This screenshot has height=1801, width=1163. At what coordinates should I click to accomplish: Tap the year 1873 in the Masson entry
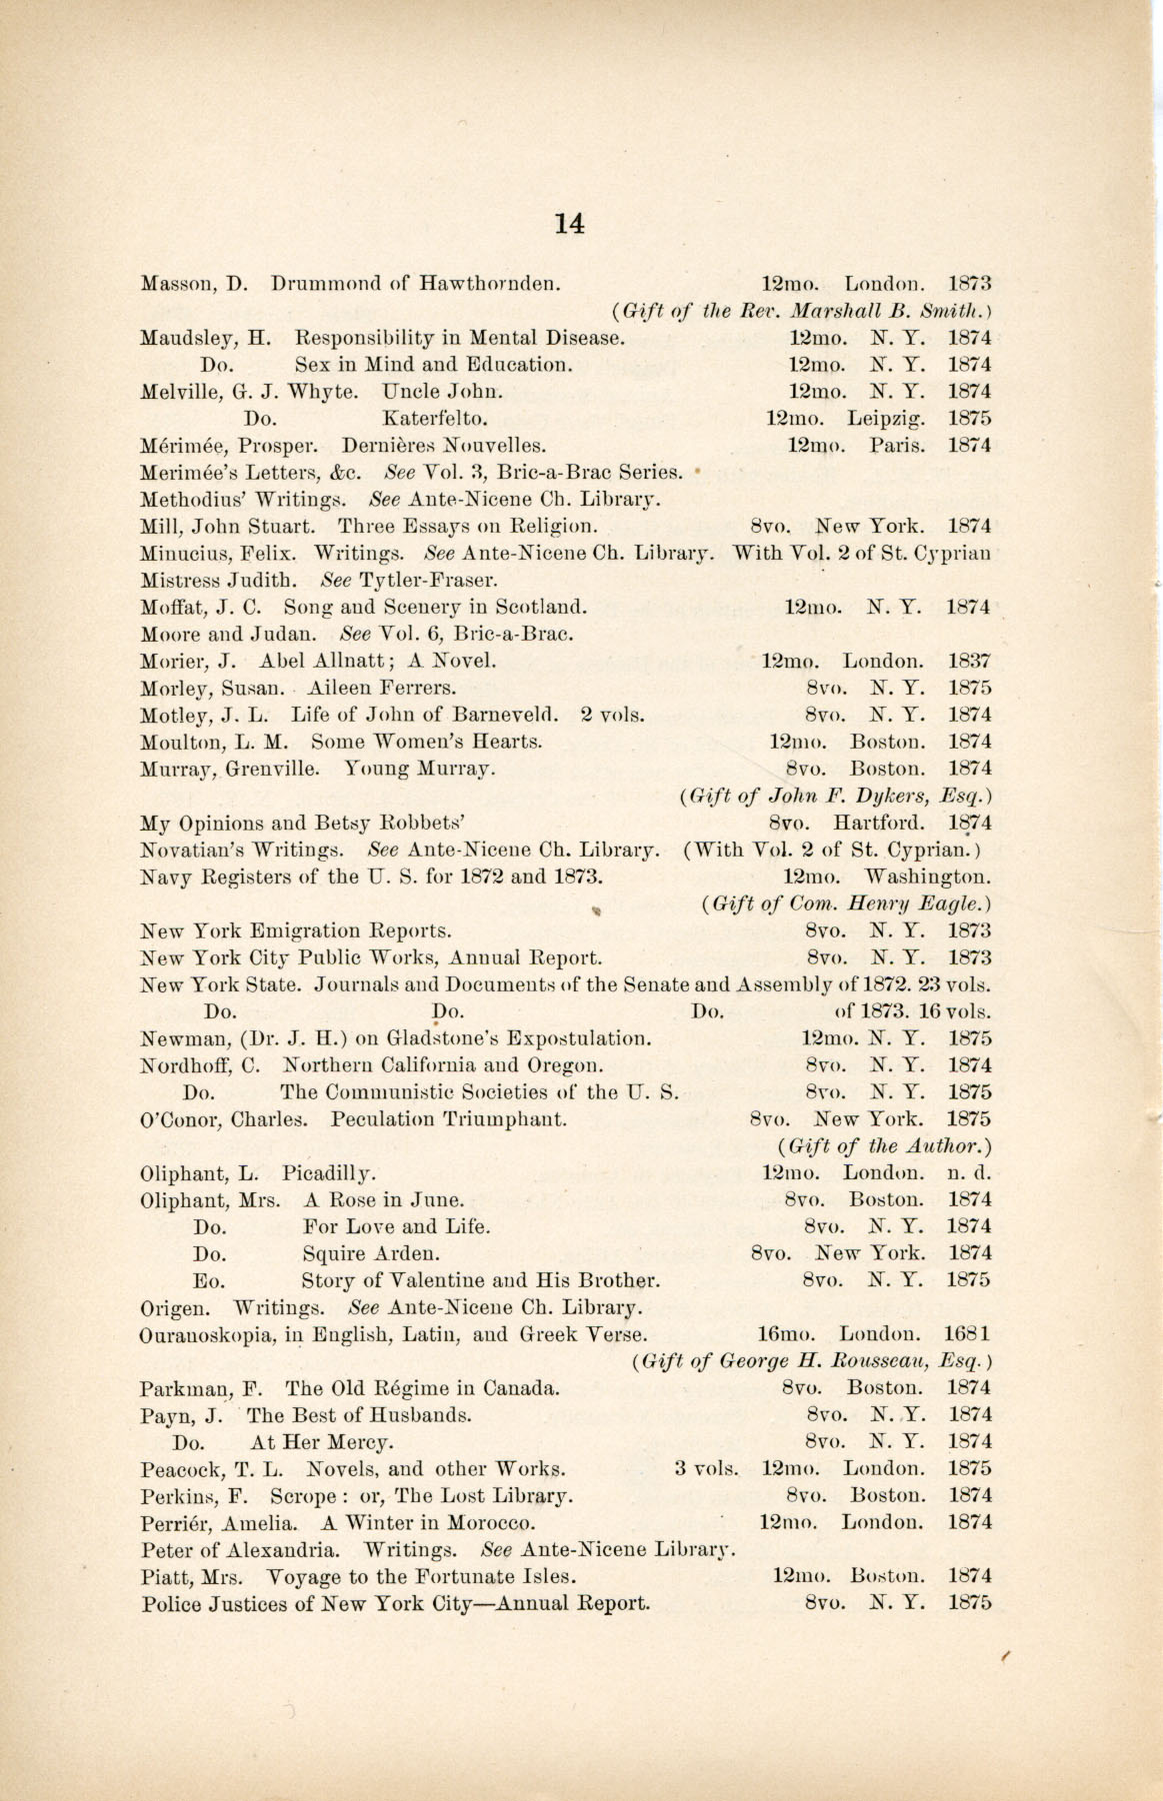tap(969, 284)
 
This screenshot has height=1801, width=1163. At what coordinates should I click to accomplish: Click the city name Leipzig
tap(886, 419)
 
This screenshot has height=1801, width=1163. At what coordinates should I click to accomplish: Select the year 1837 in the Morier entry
tap(969, 662)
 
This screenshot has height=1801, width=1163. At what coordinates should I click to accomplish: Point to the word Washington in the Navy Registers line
tap(928, 879)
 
